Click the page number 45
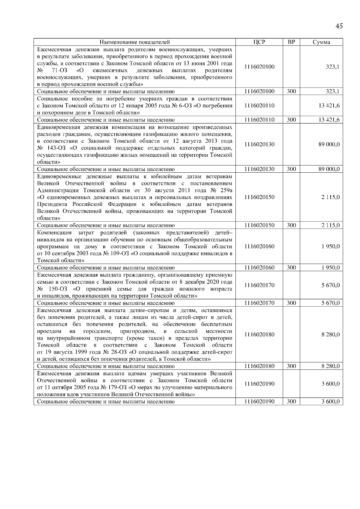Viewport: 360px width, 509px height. pos(339,26)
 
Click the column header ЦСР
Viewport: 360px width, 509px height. pos(259,42)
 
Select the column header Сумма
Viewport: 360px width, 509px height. pos(321,42)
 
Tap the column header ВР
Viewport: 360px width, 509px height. pos(291,42)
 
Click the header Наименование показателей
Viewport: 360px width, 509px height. pos(135,42)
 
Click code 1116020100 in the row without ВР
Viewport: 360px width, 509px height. pos(259,67)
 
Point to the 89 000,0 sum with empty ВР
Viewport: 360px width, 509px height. pos(329,144)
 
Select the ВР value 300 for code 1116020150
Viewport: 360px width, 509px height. pos(291,225)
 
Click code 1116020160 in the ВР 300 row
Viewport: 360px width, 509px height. pos(259,268)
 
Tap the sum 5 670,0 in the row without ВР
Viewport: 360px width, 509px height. pos(331,285)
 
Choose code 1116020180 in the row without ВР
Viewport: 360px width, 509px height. pos(259,335)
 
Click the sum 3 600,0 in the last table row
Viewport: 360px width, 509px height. pos(331,402)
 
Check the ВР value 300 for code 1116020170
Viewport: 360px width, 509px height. pos(291,303)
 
